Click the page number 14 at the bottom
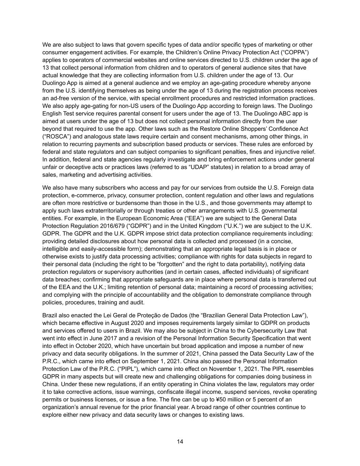click(x=180, y=441)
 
